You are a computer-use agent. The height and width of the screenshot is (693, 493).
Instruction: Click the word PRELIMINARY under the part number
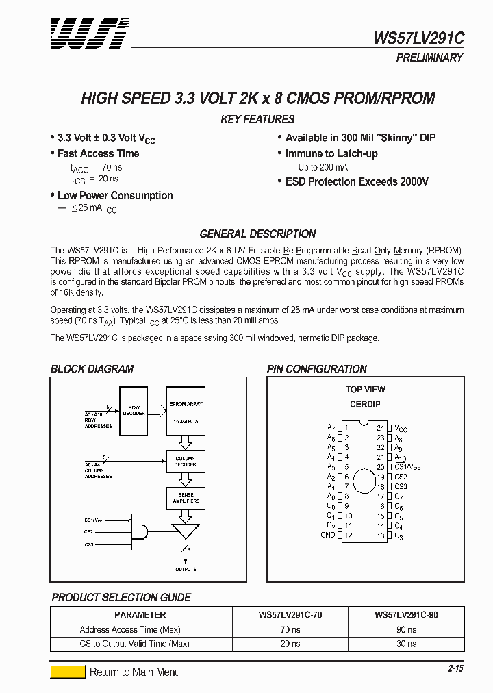point(429,58)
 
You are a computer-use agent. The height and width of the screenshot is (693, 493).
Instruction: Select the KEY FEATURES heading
point(257,119)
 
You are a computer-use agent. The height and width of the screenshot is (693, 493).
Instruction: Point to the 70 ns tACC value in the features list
point(111,167)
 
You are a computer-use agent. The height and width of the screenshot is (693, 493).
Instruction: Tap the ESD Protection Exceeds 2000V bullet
point(357,181)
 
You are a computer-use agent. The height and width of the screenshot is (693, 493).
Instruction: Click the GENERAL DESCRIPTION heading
point(257,234)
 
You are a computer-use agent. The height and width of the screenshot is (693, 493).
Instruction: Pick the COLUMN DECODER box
point(186,462)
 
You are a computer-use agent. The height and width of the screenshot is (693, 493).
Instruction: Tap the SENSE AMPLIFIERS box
point(186,498)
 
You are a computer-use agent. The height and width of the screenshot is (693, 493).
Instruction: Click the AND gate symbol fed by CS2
point(140,531)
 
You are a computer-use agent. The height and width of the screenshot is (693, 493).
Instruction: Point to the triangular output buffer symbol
point(186,531)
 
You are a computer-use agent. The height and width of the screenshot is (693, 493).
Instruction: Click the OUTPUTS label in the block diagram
point(186,569)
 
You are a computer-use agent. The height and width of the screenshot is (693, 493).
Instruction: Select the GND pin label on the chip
point(328,535)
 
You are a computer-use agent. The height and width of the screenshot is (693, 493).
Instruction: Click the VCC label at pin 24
point(401,428)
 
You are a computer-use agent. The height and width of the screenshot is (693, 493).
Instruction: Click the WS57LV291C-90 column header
point(406,615)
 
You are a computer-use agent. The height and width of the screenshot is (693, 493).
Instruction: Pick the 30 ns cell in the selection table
point(406,644)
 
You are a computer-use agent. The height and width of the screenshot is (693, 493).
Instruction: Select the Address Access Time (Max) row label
point(130,629)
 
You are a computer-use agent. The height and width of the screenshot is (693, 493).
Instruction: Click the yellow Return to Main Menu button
point(68,672)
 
